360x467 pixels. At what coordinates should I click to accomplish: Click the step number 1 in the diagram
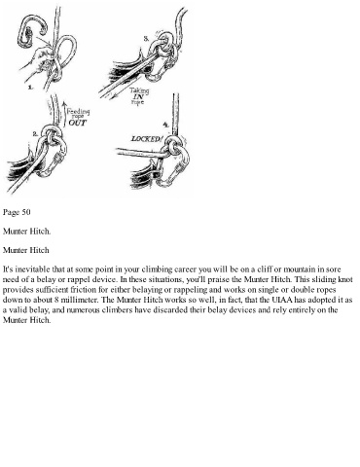[30, 88]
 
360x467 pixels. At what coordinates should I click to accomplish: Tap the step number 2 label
[36, 133]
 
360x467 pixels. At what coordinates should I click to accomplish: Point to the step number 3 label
[146, 39]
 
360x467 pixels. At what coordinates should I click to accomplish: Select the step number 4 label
[165, 125]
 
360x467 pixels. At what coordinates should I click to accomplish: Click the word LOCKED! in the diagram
[146, 139]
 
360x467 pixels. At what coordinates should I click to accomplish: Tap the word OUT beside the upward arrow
[78, 123]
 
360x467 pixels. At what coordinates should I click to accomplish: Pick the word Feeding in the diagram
[78, 112]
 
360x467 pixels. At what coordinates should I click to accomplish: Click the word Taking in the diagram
[139, 90]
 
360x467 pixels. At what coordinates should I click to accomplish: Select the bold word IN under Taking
[138, 96]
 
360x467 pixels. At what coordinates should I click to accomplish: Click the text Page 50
[17, 212]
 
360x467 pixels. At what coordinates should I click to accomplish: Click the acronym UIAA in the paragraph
[282, 300]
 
